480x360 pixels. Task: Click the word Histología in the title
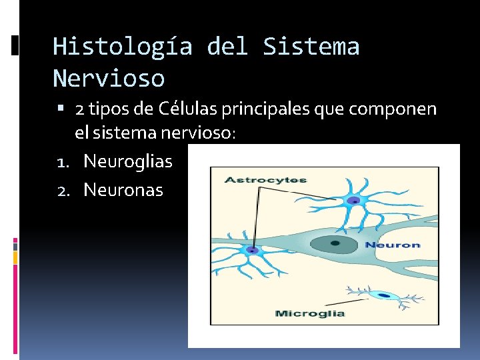point(122,47)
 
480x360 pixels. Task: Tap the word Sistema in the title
point(311,47)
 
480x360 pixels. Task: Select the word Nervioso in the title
point(108,78)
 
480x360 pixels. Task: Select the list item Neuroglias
point(127,161)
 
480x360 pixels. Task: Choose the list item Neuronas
point(123,190)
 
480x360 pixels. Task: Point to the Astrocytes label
point(265,180)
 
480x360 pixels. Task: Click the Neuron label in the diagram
point(392,245)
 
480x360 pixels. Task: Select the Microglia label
point(310,313)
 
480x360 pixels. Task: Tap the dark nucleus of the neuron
point(335,244)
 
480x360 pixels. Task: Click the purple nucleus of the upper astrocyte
point(355,200)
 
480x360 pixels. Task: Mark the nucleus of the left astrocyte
point(253,250)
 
